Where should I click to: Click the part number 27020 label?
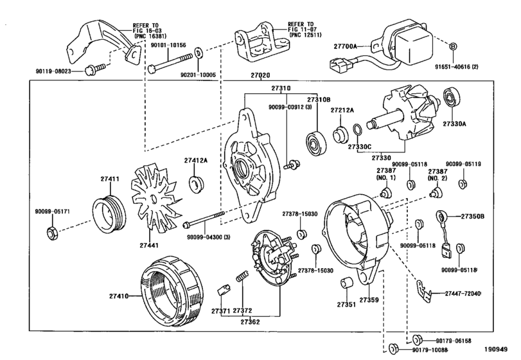(260, 75)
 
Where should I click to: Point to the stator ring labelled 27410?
(172, 291)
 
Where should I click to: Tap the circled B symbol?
(452, 46)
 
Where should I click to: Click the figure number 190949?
(496, 349)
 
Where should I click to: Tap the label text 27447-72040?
(462, 294)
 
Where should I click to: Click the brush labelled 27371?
(224, 288)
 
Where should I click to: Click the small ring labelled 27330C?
(357, 130)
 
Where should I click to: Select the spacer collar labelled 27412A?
(197, 184)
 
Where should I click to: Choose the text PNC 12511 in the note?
(305, 35)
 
